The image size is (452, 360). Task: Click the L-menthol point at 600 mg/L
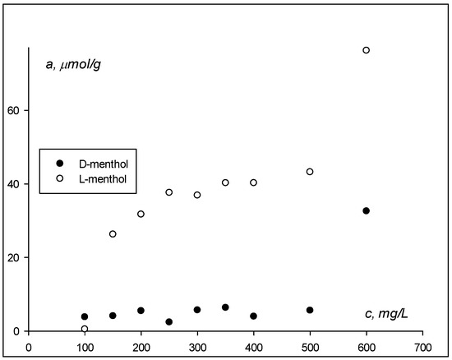pyautogui.click(x=367, y=50)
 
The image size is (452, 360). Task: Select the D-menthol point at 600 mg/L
pyautogui.click(x=367, y=211)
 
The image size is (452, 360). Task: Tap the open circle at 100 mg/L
pyautogui.click(x=85, y=329)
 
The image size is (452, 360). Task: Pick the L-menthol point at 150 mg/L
pyautogui.click(x=113, y=234)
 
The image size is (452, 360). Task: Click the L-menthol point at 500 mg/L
pyautogui.click(x=310, y=172)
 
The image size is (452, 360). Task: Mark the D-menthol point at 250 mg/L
pyautogui.click(x=168, y=322)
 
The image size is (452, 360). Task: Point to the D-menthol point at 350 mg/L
pyautogui.click(x=225, y=307)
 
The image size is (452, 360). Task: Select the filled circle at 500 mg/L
pyautogui.click(x=310, y=310)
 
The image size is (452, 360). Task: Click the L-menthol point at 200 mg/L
pyautogui.click(x=141, y=214)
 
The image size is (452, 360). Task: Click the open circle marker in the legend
pyautogui.click(x=55, y=178)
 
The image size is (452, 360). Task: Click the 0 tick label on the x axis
pyautogui.click(x=29, y=346)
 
